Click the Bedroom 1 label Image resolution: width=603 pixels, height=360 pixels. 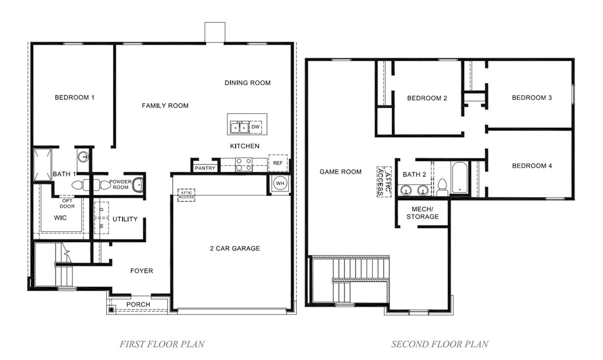[x=75, y=97]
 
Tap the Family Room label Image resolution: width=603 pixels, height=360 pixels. [x=165, y=106]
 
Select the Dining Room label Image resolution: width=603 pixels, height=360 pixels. [x=247, y=83]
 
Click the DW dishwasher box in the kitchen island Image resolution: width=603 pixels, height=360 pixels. [x=255, y=127]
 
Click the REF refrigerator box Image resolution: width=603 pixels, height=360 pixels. [x=278, y=163]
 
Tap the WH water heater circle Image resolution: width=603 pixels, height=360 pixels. [x=280, y=183]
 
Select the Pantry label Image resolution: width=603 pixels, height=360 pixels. [x=205, y=168]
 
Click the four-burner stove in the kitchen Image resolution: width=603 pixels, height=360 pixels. [x=243, y=165]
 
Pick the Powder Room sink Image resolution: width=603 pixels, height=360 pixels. [x=138, y=184]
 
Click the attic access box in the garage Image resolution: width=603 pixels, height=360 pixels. [x=186, y=195]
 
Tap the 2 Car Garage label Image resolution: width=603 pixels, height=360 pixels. [x=235, y=248]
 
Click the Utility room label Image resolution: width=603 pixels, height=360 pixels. [x=125, y=219]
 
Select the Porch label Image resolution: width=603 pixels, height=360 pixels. [x=138, y=304]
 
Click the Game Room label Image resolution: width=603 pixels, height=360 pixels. [x=341, y=172]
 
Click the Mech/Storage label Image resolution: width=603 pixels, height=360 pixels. [x=422, y=212]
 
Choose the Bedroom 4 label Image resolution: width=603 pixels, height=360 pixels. [x=532, y=166]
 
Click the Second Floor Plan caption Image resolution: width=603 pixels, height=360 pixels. [x=440, y=344]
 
